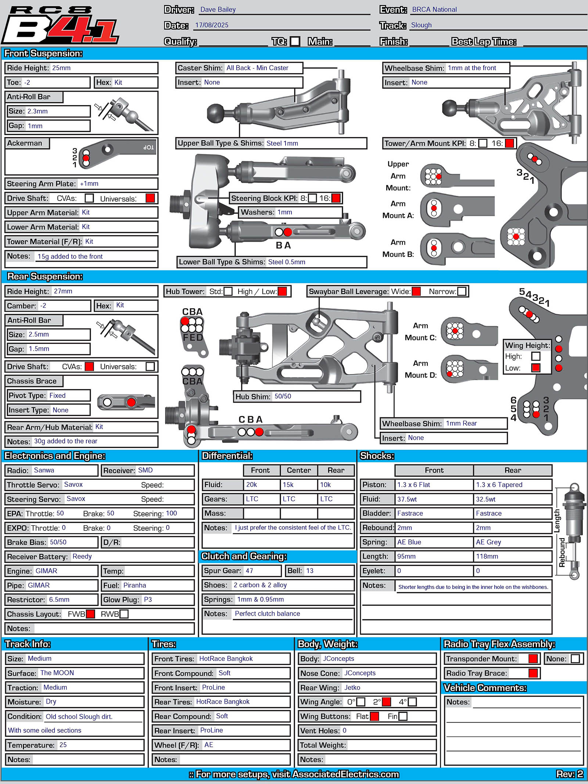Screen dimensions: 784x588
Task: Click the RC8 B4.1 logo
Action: [x=61, y=25]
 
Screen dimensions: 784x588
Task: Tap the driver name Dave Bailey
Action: [x=218, y=10]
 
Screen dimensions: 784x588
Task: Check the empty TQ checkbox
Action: [x=295, y=41]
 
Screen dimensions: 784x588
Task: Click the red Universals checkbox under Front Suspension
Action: [x=150, y=198]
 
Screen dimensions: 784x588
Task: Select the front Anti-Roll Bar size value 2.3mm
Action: [x=37, y=111]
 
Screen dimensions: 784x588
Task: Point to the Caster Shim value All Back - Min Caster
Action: [x=257, y=68]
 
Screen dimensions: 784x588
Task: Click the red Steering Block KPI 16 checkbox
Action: [x=336, y=198]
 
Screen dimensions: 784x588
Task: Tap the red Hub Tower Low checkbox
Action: [x=282, y=291]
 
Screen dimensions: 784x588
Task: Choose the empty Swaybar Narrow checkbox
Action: [x=462, y=291]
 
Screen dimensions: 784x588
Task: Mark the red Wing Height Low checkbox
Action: [x=536, y=368]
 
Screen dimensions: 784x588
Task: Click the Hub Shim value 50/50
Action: [x=283, y=396]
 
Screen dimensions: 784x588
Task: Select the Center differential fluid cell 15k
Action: [x=288, y=485]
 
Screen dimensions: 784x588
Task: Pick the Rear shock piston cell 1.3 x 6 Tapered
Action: [x=499, y=485]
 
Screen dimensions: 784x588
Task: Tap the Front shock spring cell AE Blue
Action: [x=409, y=542]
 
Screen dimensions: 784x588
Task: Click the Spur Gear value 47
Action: [x=249, y=571]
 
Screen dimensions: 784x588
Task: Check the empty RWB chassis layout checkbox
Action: [x=124, y=614]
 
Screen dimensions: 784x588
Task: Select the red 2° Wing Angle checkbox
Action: [x=386, y=702]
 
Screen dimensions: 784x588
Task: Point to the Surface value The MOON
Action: [x=57, y=673]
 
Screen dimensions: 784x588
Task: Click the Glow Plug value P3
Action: [x=148, y=600]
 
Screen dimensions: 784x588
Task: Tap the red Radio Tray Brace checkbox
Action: [x=533, y=673]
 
